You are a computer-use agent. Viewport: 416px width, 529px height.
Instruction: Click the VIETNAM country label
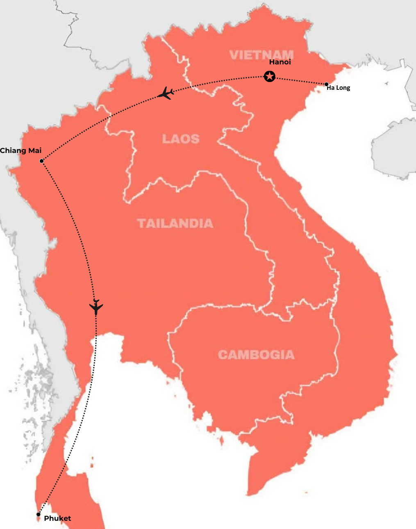(261, 55)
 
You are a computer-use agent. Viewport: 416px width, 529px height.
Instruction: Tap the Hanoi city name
(280, 62)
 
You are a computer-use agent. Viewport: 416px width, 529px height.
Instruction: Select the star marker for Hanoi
(269, 76)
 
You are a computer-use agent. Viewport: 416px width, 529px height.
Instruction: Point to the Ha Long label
(338, 88)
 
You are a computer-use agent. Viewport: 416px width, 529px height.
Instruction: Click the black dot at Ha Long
(327, 84)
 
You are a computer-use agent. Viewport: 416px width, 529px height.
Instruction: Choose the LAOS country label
(181, 139)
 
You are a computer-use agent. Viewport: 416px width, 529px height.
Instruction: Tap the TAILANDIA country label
(175, 223)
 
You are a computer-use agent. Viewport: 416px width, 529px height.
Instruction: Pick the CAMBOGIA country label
(256, 355)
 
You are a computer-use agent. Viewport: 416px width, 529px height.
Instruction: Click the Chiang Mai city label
(21, 150)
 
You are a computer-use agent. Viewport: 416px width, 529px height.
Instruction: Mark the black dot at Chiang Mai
(42, 161)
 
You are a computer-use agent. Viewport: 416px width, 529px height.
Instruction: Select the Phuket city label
(57, 518)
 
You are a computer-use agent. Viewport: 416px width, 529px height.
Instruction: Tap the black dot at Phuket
(39, 514)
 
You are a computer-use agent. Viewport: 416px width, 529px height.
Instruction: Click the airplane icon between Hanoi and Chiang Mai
(166, 94)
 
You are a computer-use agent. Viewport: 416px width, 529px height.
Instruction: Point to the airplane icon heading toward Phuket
(96, 307)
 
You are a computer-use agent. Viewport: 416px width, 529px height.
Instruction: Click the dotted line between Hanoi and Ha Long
(299, 80)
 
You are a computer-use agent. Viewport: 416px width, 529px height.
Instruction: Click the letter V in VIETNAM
(234, 55)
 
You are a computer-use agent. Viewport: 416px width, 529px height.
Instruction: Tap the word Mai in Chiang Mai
(34, 150)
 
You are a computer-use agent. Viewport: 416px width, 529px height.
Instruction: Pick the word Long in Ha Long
(343, 88)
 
